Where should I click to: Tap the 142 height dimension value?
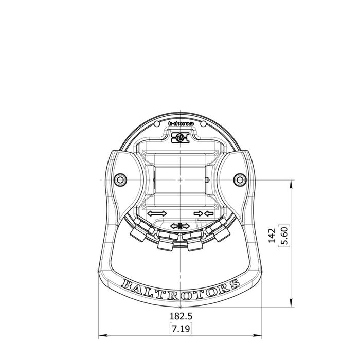tap(273, 237)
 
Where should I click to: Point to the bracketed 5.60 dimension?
tap(282, 237)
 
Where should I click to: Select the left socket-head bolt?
tap(120, 179)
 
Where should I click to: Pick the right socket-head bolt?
tap(239, 179)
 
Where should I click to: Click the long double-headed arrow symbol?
tap(156, 213)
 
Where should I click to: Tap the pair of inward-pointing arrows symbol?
tap(203, 213)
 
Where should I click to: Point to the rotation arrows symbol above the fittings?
tap(180, 226)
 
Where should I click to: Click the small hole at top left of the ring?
tap(157, 124)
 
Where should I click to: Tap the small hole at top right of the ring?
tap(203, 124)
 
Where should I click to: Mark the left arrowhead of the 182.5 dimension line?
tap(101, 335)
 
